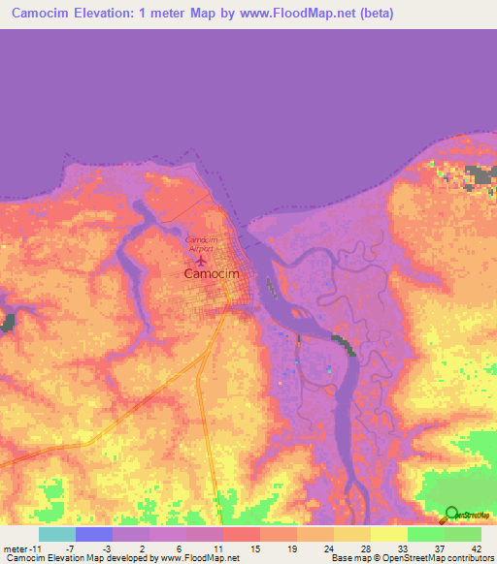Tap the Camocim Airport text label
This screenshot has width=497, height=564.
tap(201, 243)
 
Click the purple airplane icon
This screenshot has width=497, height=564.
tap(201, 259)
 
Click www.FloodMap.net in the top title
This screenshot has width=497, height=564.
tap(281, 13)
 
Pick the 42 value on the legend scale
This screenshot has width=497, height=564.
tap(476, 548)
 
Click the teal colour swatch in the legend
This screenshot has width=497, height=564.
tap(57, 534)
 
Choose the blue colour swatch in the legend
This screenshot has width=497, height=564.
tap(94, 534)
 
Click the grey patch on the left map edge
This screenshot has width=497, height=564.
tap(7, 324)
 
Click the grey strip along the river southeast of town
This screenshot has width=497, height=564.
tap(343, 345)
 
